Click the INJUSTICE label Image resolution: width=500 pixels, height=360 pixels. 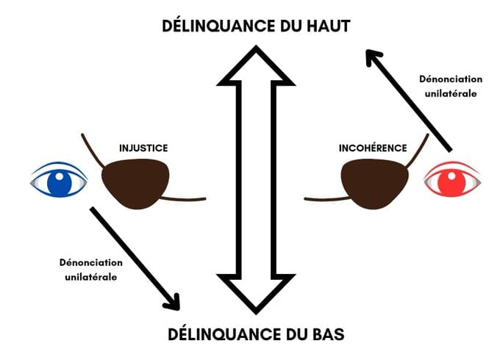(143, 148)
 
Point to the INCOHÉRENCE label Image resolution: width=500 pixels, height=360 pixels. (373, 148)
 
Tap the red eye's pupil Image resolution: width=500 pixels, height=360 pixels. (454, 181)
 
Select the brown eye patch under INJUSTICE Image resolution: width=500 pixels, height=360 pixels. (137, 183)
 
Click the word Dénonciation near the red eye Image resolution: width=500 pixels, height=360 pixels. (449, 78)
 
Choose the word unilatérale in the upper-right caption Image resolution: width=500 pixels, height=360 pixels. (449, 94)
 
